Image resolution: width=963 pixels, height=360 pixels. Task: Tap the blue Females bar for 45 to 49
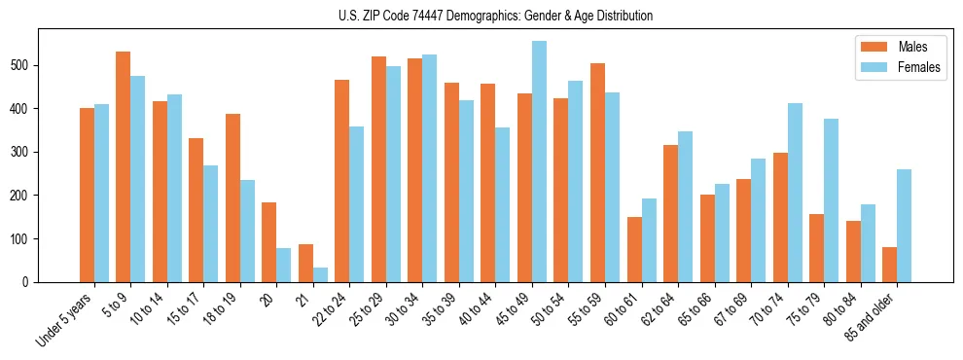click(539, 162)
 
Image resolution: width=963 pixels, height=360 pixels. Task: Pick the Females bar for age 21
click(320, 275)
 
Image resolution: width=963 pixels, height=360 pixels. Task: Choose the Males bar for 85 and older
click(890, 265)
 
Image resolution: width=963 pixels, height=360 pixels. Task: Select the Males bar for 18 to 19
click(232, 198)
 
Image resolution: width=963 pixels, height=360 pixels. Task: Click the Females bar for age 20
click(284, 265)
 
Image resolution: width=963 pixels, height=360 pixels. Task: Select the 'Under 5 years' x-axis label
click(66, 319)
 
